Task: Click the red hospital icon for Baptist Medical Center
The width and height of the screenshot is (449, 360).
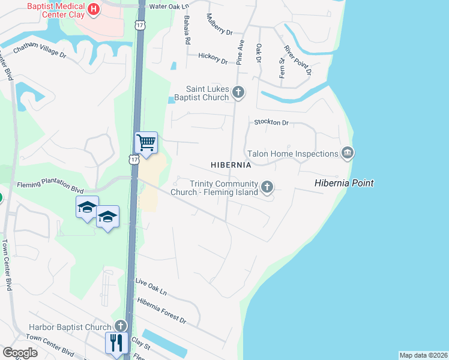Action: [x=94, y=9]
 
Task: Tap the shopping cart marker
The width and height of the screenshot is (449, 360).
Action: [x=146, y=143]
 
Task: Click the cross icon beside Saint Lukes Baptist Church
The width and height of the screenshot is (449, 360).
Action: [x=238, y=92]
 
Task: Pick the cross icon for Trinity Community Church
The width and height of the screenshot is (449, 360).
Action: [x=267, y=187]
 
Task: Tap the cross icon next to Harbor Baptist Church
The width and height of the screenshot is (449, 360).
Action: [x=120, y=326]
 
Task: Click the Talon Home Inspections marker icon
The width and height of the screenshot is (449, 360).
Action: [x=347, y=154]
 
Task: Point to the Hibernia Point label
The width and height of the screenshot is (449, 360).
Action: [x=345, y=183]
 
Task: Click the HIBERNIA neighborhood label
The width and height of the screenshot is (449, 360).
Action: [x=231, y=164]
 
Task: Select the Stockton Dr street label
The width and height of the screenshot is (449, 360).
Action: [x=271, y=122]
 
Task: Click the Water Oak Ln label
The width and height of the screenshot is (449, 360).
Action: [x=169, y=7]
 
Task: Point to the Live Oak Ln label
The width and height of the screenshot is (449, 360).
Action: [x=151, y=286]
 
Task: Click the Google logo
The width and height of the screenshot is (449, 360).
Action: [x=20, y=353]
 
